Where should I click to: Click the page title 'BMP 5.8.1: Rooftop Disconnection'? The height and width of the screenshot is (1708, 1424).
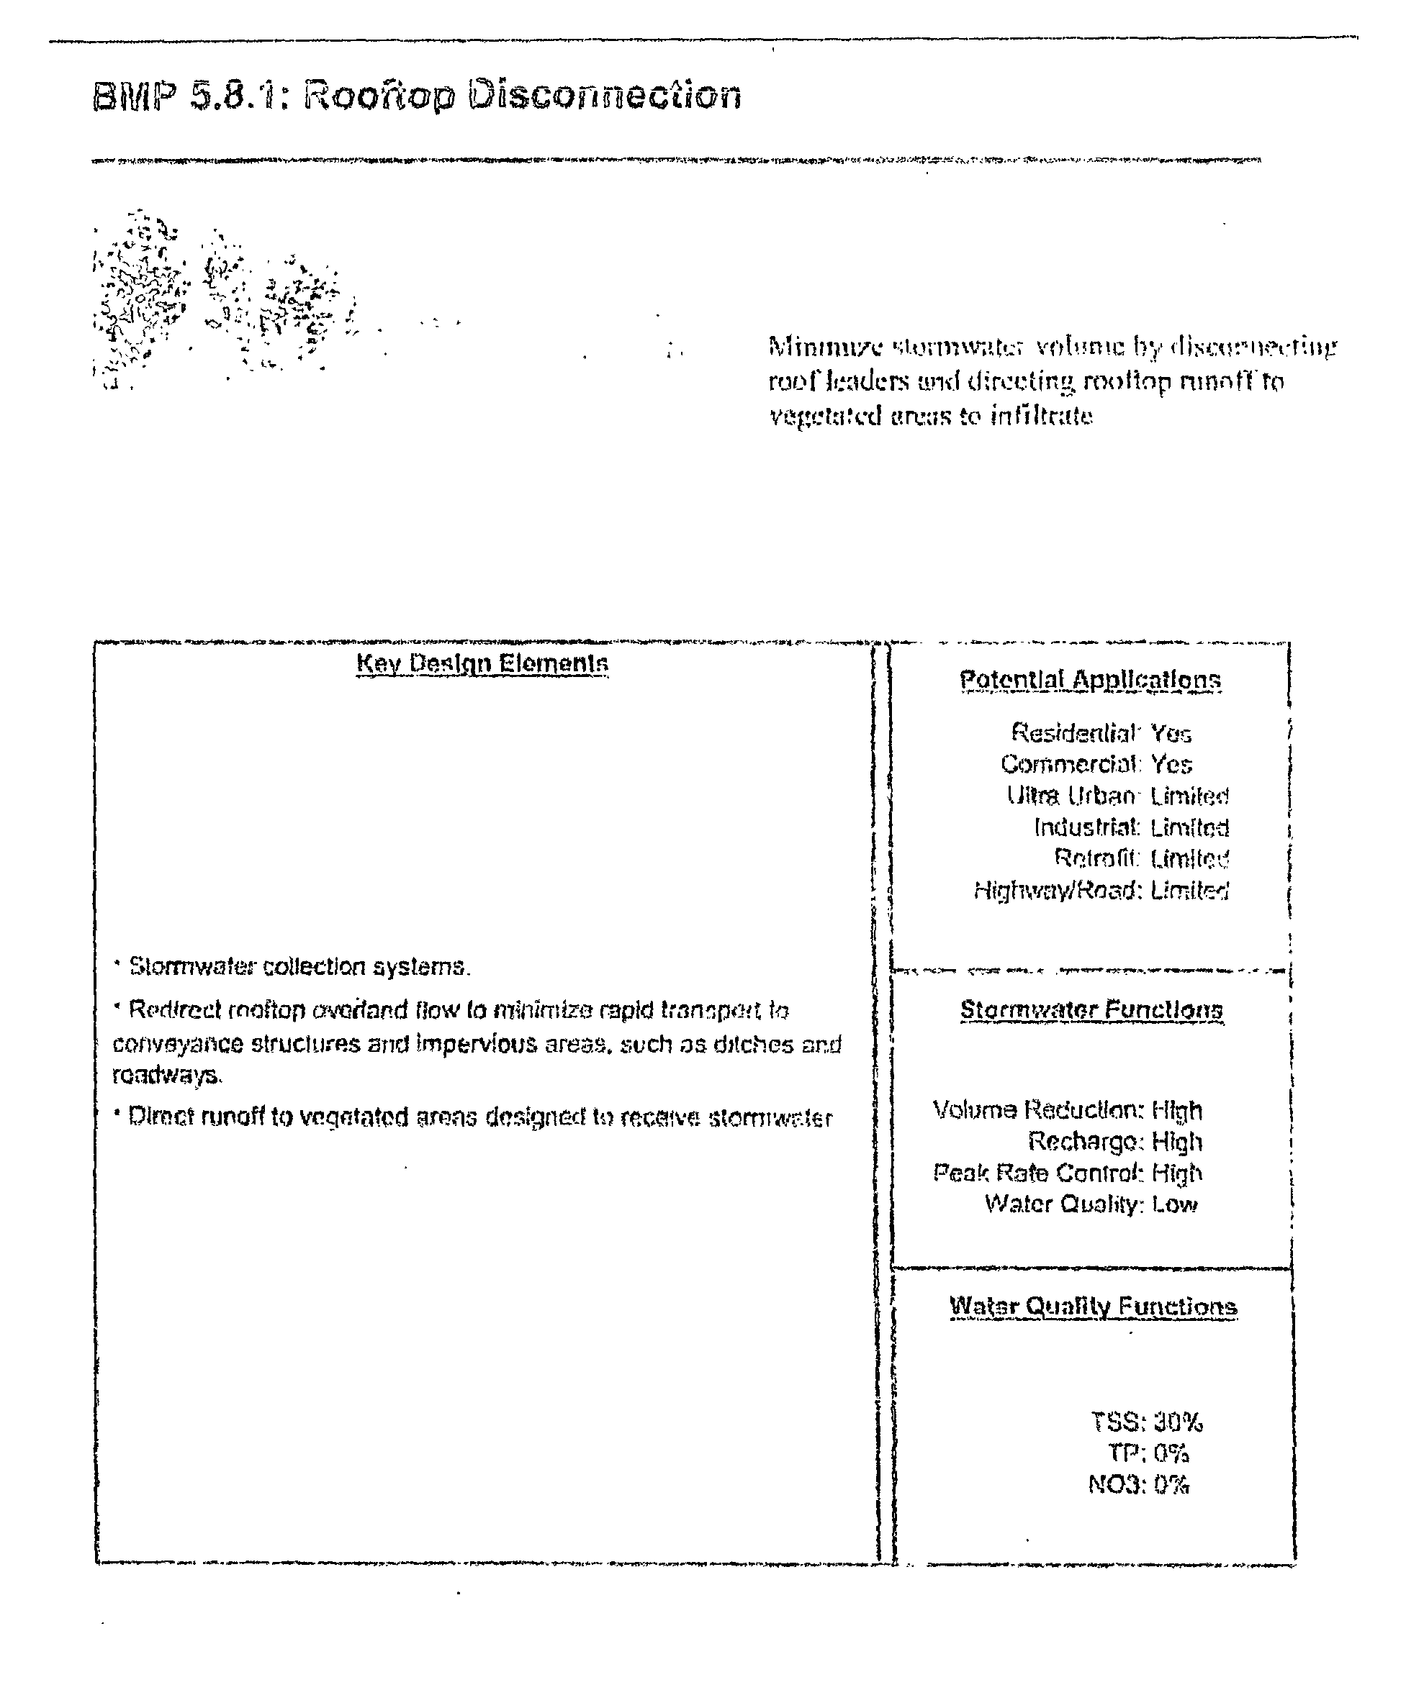click(417, 95)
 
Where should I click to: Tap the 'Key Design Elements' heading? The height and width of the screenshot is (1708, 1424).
click(482, 663)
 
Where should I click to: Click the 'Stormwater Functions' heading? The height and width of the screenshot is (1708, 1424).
click(1091, 1010)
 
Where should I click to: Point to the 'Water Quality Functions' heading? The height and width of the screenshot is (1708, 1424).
click(1093, 1307)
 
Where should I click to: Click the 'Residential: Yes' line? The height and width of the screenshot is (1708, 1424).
click(1101, 733)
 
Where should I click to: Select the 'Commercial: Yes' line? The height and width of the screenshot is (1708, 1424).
click(1096, 765)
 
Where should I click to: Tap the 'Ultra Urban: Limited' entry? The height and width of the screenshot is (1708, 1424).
click(1117, 796)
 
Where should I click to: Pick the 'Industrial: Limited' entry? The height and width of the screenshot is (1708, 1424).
click(1131, 827)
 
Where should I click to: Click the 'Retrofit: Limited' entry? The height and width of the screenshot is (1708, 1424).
click(1141, 858)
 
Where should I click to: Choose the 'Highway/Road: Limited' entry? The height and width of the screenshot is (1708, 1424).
click(1101, 891)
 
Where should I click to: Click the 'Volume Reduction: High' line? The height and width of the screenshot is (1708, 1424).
click(1067, 1110)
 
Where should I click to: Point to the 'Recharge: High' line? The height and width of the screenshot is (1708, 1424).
click(1114, 1142)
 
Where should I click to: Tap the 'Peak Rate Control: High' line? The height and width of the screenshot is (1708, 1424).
click(1067, 1173)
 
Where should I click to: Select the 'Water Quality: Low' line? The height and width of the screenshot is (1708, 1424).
click(1091, 1204)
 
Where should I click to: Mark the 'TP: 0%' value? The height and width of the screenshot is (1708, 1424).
click(1148, 1453)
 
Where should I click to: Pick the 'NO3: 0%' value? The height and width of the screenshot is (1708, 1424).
click(1138, 1484)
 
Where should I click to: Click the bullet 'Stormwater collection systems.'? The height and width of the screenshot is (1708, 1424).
click(299, 966)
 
